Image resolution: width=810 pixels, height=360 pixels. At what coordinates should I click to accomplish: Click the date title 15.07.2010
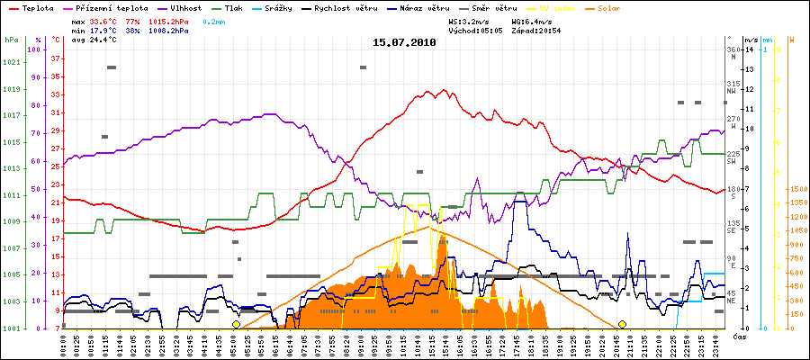[x=404, y=42]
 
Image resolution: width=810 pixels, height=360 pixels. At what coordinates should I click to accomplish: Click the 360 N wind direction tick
[x=732, y=53]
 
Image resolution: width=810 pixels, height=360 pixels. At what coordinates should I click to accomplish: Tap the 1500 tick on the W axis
[x=796, y=190]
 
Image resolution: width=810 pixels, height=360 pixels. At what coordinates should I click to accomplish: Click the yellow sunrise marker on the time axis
[x=236, y=324]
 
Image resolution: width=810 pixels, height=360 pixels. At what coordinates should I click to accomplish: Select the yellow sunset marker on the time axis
[x=622, y=324]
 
